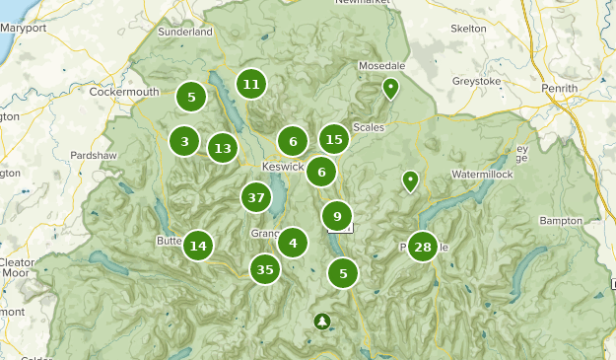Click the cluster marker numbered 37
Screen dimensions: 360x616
[256, 197]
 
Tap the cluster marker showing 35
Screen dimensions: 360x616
[264, 268]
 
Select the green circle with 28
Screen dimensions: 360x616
[423, 247]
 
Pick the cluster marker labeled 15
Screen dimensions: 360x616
[334, 140]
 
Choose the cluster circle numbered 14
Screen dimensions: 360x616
[198, 247]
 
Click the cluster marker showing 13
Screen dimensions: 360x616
[223, 149]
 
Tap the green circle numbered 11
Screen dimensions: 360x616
[251, 84]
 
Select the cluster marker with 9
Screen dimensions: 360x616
[337, 216]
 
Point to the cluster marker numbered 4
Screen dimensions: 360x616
[293, 242]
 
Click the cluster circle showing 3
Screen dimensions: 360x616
[184, 142]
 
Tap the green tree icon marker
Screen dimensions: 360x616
[322, 322]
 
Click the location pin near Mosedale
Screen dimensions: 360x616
[390, 89]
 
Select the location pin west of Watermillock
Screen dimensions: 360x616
[409, 180]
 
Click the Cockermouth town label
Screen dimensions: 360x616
[124, 92]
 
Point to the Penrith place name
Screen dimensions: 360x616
[559, 88]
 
